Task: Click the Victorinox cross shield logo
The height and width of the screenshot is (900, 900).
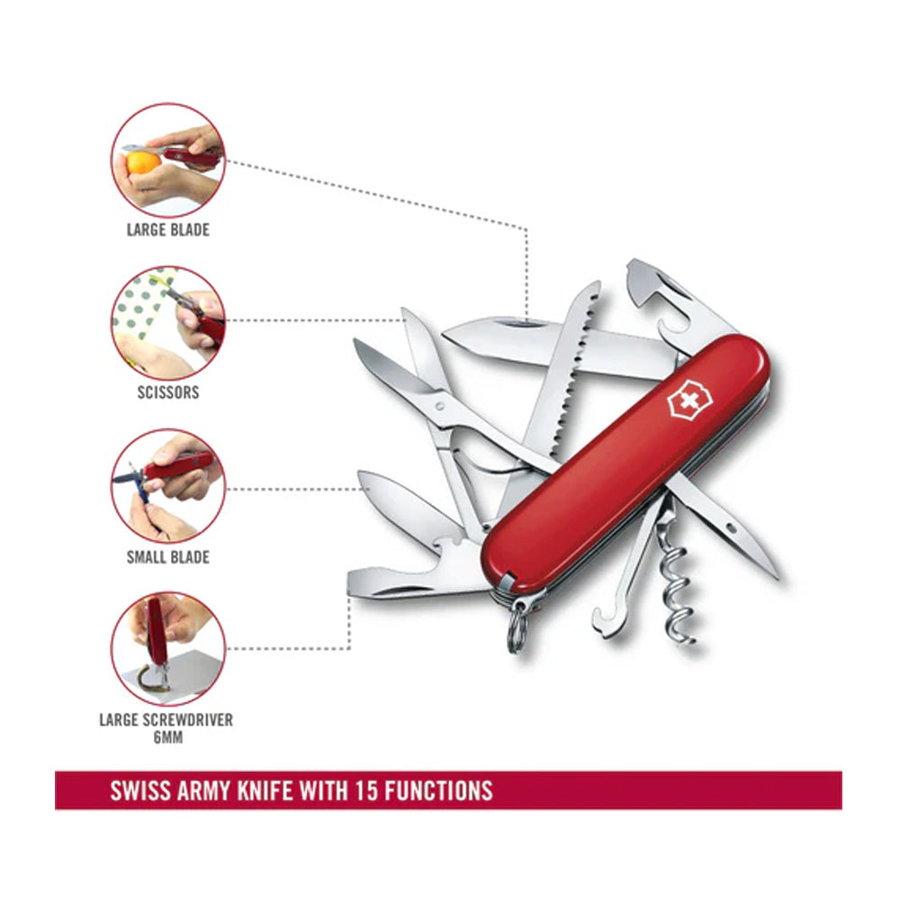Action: click(686, 400)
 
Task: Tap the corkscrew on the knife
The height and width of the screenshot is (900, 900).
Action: click(677, 585)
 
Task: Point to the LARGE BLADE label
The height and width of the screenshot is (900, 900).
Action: click(167, 229)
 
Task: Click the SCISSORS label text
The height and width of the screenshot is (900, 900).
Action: click(168, 392)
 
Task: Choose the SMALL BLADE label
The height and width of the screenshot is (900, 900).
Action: click(167, 557)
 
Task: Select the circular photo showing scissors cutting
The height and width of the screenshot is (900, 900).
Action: click(168, 321)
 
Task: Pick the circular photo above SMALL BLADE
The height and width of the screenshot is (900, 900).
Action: click(168, 485)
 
